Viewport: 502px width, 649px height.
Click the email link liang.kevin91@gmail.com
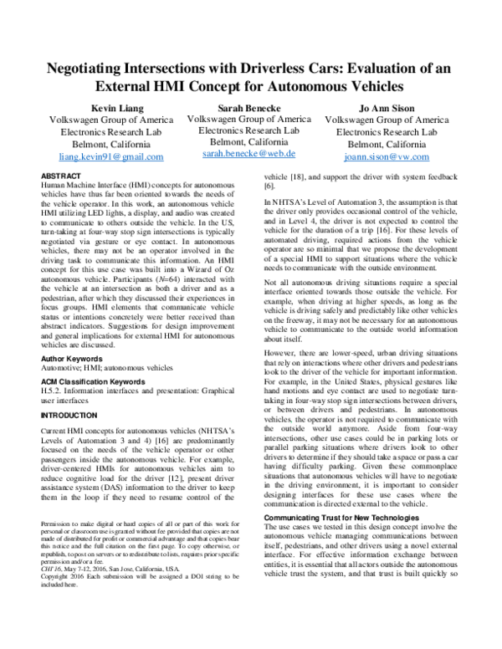111,156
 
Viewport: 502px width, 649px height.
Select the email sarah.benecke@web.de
249,155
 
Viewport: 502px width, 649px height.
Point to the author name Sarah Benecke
249,108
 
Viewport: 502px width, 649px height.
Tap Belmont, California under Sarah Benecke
249,143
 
